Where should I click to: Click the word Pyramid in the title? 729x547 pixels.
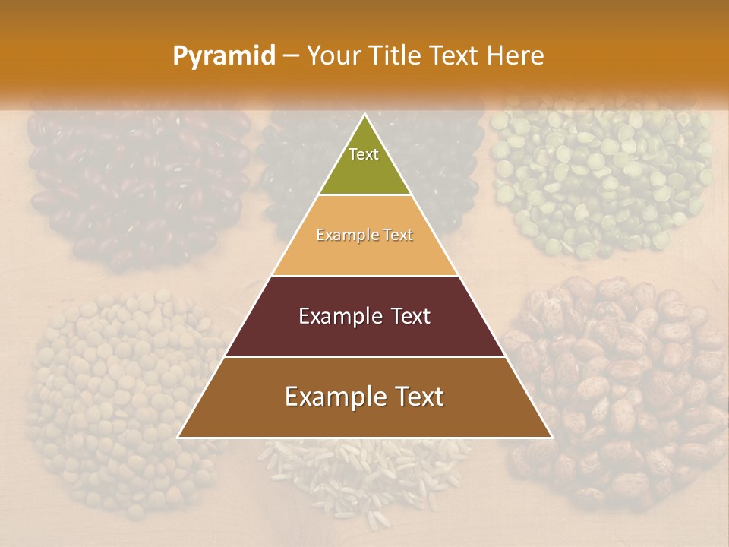tap(223, 55)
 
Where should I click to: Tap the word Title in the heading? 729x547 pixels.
tap(396, 55)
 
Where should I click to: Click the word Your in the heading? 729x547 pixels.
tap(333, 55)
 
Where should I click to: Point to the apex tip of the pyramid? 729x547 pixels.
tap(364, 115)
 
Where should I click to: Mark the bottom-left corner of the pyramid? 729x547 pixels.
tap(179, 437)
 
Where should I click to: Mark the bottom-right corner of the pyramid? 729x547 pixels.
tap(551, 437)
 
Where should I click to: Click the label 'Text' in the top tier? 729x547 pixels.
tap(364, 154)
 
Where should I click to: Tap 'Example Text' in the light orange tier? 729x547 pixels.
tap(364, 235)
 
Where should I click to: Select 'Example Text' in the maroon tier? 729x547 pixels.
tap(364, 316)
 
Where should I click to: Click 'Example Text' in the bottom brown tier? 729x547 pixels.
tap(364, 397)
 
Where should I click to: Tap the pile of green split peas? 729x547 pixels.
tap(600, 175)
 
